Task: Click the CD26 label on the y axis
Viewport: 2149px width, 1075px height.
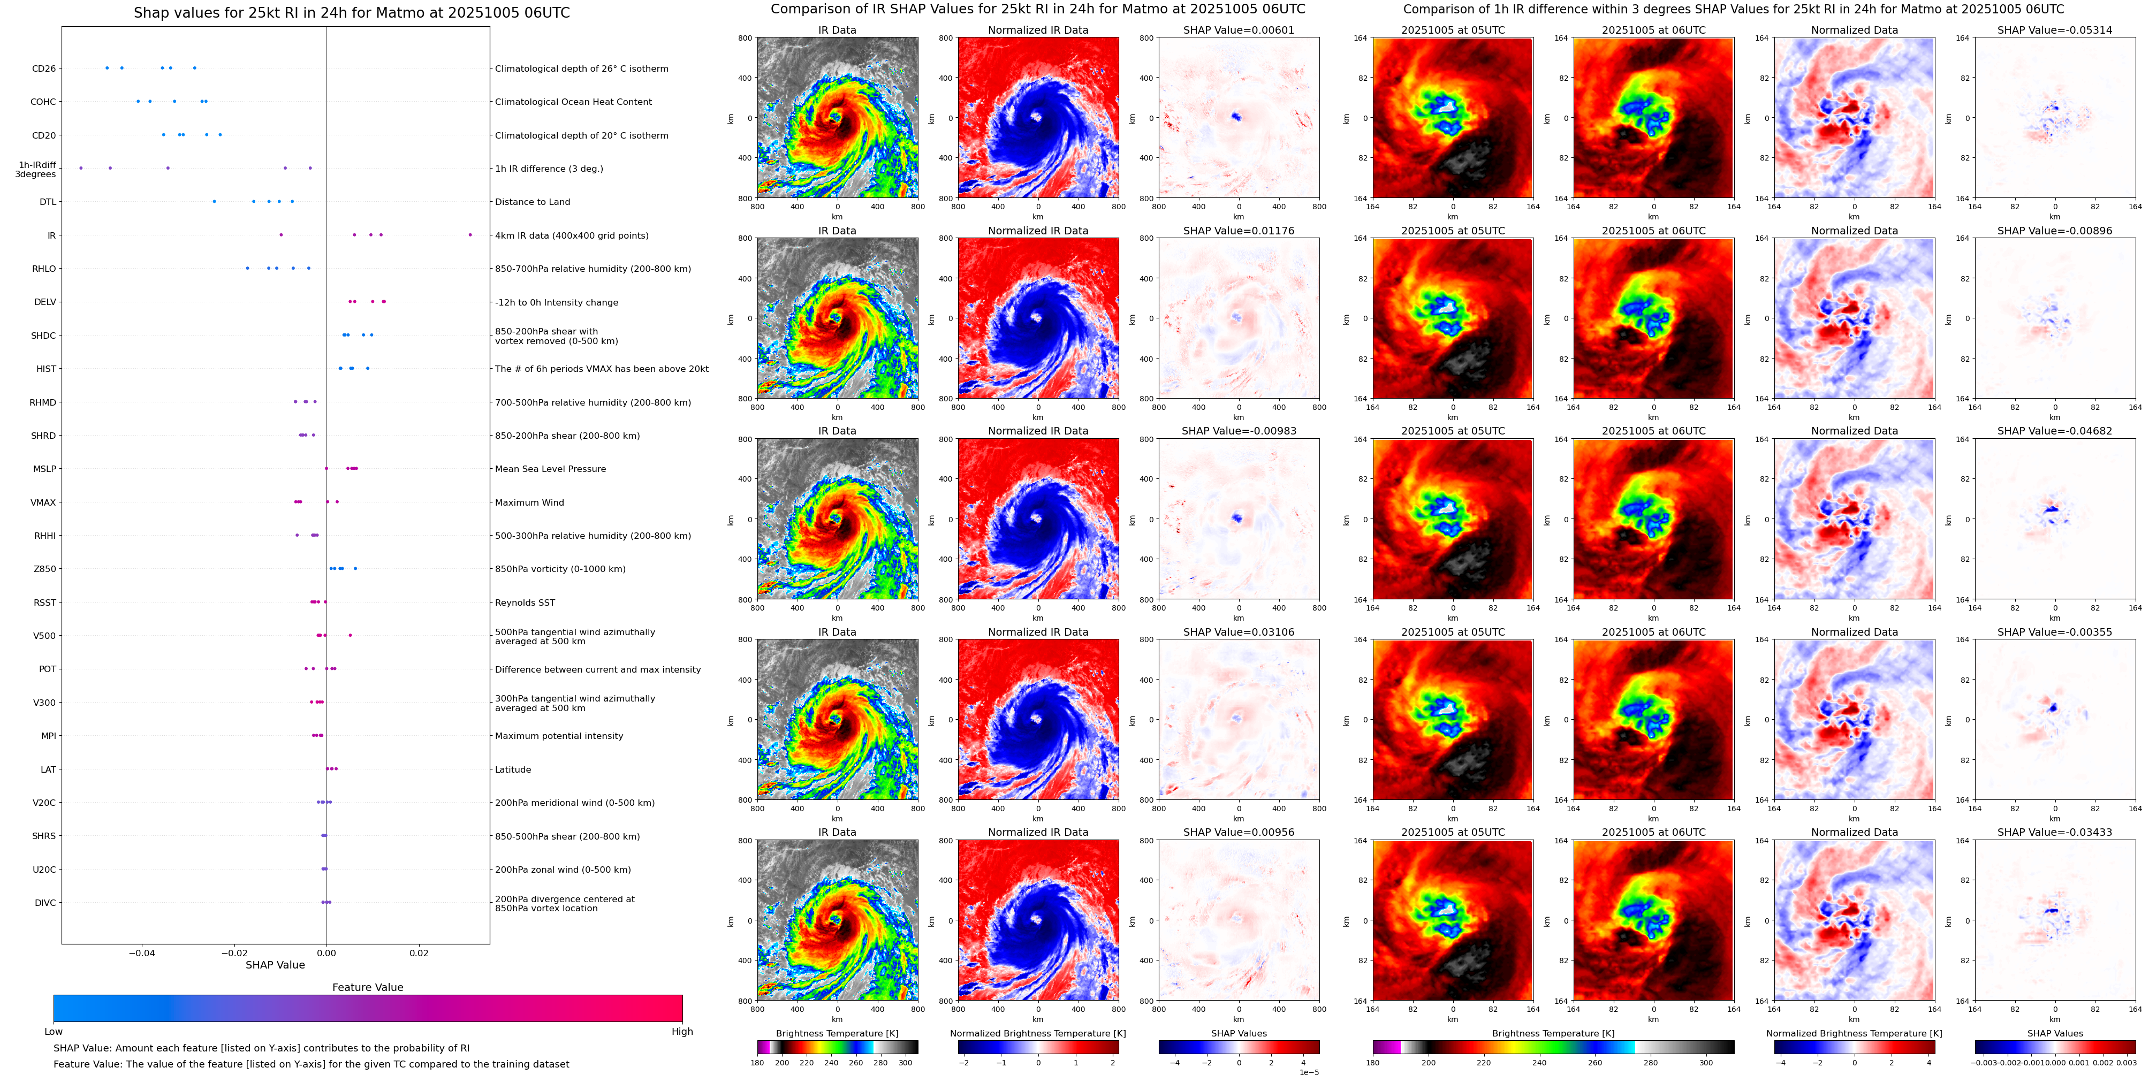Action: (x=43, y=68)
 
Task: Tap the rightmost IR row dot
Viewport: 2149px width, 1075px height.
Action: (x=470, y=235)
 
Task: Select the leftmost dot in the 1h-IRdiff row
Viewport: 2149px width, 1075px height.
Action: (x=81, y=169)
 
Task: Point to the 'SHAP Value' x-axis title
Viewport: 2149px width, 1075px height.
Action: (x=275, y=965)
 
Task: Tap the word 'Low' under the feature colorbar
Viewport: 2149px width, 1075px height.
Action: (x=54, y=1032)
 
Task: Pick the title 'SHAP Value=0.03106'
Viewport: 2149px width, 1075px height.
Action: (x=1238, y=632)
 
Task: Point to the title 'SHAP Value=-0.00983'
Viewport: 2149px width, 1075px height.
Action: (x=1238, y=431)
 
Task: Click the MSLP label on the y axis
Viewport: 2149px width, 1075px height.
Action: (x=44, y=469)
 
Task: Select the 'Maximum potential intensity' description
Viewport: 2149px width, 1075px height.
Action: (x=559, y=736)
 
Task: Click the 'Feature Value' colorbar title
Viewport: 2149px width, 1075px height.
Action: (x=368, y=987)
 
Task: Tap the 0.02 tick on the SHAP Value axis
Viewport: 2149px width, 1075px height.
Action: (x=419, y=953)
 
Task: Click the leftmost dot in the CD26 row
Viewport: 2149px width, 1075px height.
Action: (x=107, y=67)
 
